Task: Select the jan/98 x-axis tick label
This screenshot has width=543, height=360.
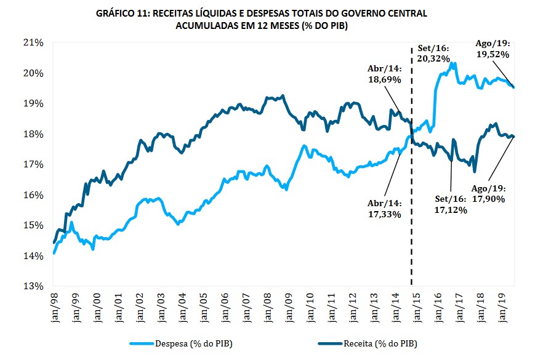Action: pos(54,304)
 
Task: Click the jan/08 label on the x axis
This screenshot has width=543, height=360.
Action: pos(267,304)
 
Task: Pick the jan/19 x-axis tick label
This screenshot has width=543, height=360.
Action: pos(502,304)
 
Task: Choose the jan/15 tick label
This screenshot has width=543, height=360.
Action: pos(417,304)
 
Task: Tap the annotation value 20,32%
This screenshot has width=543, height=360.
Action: pos(433,58)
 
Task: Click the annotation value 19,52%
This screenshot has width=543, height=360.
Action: pos(493,54)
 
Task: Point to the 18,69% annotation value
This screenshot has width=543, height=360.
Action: pos(385,80)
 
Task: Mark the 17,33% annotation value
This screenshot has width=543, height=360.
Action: pos(385,214)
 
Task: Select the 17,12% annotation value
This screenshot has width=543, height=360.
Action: pos(451,210)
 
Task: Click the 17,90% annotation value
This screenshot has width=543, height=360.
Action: pos(489,199)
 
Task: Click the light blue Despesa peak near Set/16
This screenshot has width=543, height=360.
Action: pos(453,62)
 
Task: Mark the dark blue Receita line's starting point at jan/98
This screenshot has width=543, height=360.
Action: pos(54,242)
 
